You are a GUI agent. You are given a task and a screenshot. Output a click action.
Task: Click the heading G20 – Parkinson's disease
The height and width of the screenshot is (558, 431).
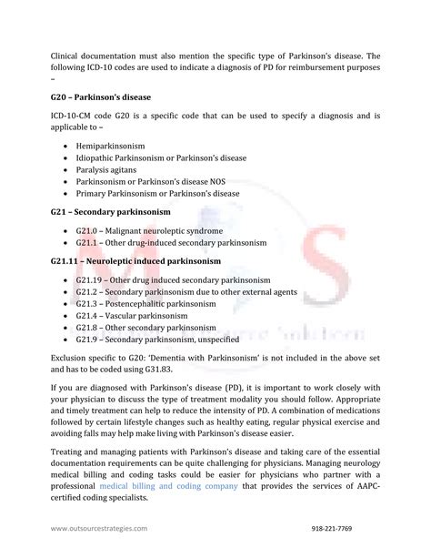pyautogui.click(x=100, y=96)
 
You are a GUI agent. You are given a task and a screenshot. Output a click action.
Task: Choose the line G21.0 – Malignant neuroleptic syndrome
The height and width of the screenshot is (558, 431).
pyautogui.click(x=149, y=231)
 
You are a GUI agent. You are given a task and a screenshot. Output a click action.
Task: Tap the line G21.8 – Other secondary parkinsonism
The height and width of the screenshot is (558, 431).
pyautogui.click(x=146, y=327)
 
